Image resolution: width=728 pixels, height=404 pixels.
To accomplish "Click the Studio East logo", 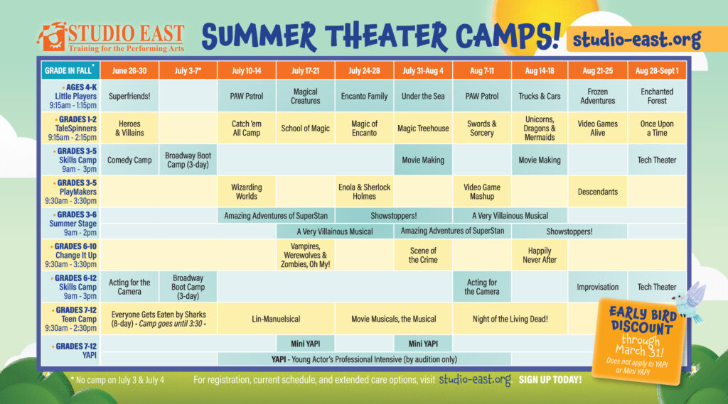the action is [x=110, y=37].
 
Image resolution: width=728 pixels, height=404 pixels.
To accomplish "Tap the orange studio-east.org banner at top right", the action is [x=646, y=39].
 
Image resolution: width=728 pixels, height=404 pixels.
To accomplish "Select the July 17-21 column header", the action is [x=305, y=70].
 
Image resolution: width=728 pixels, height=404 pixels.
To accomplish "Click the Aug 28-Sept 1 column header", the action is [x=657, y=70].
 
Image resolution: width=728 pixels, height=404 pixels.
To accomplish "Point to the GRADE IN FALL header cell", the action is [x=70, y=70].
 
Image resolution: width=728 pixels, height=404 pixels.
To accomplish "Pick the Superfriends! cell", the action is [x=129, y=96].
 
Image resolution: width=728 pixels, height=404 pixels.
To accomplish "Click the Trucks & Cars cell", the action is [x=540, y=96].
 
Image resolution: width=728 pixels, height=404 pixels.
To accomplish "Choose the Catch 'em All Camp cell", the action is [x=247, y=128].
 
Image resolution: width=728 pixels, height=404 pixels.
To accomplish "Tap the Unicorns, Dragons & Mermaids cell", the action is [x=540, y=128].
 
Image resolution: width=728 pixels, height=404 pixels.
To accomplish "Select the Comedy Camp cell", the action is [x=129, y=160].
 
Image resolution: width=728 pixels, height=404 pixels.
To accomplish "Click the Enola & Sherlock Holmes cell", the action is [x=365, y=192].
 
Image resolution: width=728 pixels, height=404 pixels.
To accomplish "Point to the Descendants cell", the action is [x=597, y=192].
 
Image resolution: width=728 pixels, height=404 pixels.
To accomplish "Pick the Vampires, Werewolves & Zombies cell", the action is [x=305, y=255].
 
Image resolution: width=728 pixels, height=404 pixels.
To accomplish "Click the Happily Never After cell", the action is [x=540, y=255].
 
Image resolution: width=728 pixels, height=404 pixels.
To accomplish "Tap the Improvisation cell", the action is [x=597, y=287].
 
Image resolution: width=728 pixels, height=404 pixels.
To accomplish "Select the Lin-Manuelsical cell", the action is [x=277, y=319].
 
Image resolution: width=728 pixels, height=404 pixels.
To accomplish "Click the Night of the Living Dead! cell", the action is [x=510, y=319].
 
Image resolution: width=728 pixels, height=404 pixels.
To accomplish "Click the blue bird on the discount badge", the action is [x=690, y=302].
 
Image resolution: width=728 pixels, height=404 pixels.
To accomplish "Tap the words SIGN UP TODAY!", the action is [x=550, y=380].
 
